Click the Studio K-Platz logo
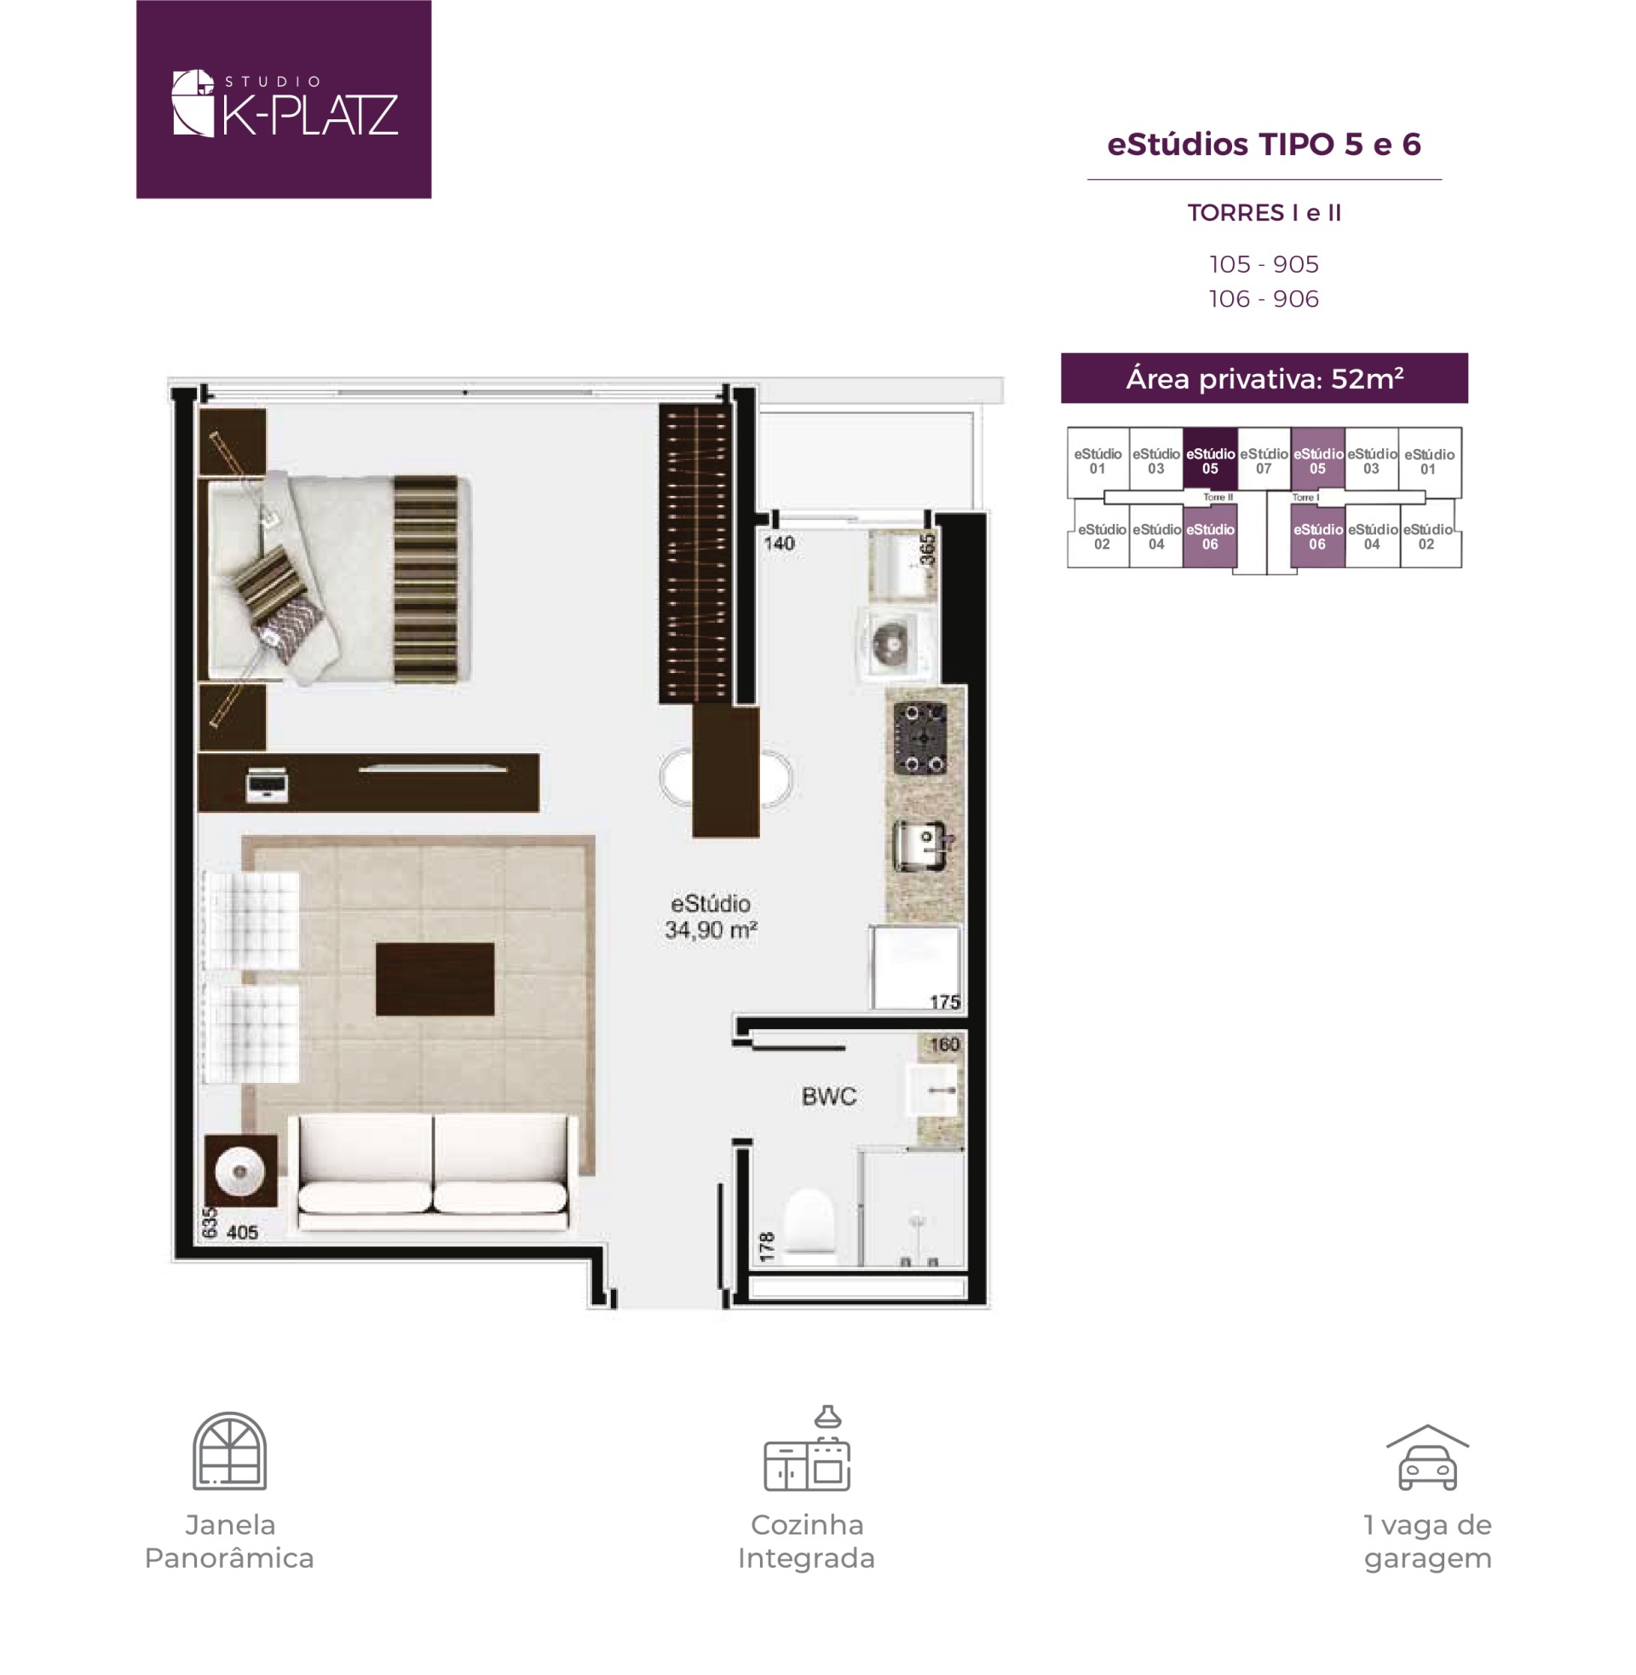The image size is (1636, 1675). tap(284, 100)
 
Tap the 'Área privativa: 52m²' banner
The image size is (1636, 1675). tap(1264, 378)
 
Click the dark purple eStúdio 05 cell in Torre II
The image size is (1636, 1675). tap(1210, 459)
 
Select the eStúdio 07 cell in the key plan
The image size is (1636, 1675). tap(1263, 459)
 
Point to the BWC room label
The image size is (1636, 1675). tap(828, 1096)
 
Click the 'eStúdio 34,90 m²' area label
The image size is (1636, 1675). tap(711, 917)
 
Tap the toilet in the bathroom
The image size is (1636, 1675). tap(809, 1223)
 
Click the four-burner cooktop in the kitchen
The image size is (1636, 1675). tap(921, 738)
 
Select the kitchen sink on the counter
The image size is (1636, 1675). tap(923, 846)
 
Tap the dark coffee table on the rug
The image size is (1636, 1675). tap(435, 979)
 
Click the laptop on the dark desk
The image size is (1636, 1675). tap(268, 785)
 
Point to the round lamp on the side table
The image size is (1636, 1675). tap(240, 1171)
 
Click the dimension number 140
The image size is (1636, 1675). tap(779, 543)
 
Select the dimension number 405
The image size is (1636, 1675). tap(242, 1233)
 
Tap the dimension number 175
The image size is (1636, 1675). tap(944, 1002)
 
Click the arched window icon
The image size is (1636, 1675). tap(229, 1451)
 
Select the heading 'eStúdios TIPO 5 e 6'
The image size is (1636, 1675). tap(1264, 144)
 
